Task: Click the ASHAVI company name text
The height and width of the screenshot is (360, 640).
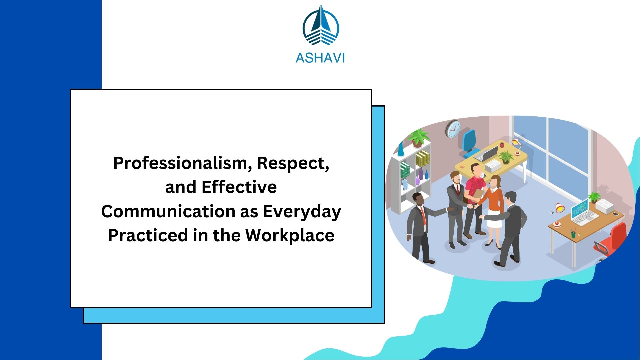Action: [320, 58]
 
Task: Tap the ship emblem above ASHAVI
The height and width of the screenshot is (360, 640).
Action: [321, 27]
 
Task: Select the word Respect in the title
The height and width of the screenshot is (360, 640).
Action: [293, 163]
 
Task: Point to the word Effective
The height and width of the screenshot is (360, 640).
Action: [239, 187]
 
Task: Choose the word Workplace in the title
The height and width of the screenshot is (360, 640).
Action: [290, 235]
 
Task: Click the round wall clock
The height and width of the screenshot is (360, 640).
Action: [453, 129]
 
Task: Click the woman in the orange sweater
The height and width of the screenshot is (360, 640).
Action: [494, 207]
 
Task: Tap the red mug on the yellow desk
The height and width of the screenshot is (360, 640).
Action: [502, 145]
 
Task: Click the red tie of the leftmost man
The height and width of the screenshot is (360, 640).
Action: [423, 215]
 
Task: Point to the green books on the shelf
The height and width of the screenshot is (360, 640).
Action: [405, 170]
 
